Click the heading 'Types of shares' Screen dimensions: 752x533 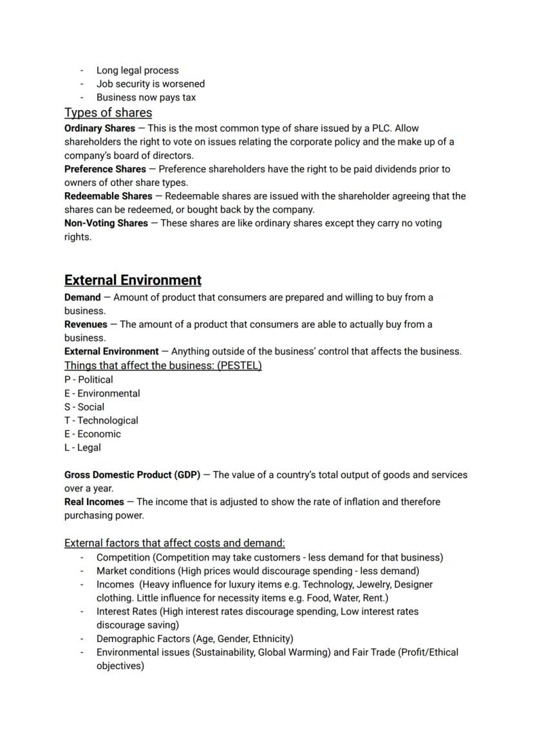108,113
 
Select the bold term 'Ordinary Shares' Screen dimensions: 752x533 100,128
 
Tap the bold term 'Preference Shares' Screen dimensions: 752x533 105,169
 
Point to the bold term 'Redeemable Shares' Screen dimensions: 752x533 108,196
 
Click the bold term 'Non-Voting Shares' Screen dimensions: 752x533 106,223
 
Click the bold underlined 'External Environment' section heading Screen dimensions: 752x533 133,280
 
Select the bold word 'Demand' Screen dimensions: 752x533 82,297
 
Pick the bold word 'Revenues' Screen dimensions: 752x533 86,324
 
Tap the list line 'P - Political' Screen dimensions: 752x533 88,380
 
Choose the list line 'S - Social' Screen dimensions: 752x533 84,407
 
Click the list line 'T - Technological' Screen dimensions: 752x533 101,420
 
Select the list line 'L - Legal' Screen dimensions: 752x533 82,447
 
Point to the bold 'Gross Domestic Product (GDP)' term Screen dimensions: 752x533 132,475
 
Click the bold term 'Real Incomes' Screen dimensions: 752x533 94,501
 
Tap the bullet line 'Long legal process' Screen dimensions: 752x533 137,70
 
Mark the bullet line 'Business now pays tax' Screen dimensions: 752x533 145,97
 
